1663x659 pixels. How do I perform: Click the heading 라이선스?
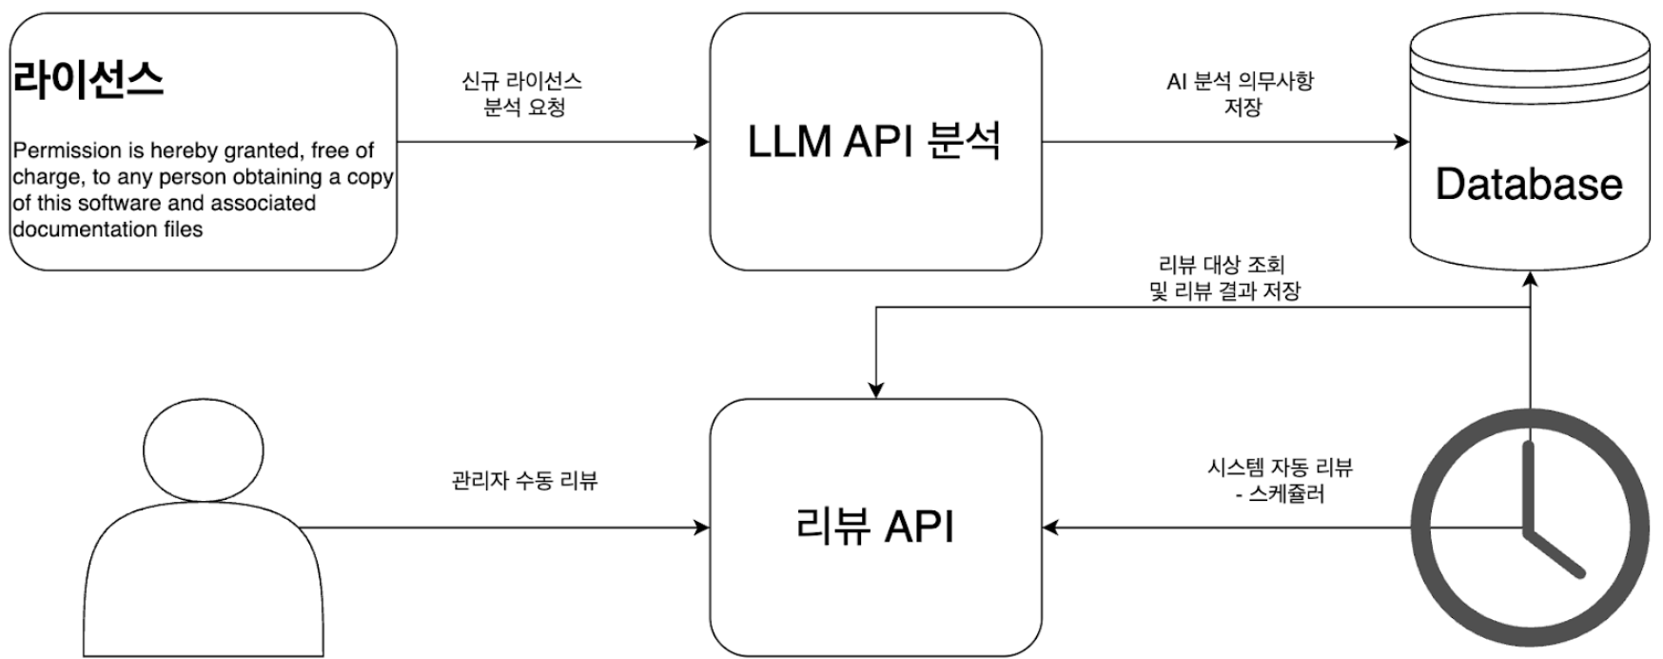click(88, 79)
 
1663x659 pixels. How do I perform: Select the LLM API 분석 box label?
click(874, 143)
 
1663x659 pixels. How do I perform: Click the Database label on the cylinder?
click(1528, 184)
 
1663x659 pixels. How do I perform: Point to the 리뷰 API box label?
click(874, 527)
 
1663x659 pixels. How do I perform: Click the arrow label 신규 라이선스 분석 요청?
click(521, 94)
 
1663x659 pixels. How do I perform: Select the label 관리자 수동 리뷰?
click(524, 480)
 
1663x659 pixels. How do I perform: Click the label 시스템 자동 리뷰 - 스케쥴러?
click(1279, 480)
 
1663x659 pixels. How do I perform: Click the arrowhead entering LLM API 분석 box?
click(703, 143)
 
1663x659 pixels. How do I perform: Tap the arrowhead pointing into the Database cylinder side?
click(1402, 143)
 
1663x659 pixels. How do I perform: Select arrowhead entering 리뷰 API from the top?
click(875, 390)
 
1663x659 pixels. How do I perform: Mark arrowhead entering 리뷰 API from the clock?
click(1050, 527)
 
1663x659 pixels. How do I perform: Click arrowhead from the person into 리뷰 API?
click(703, 527)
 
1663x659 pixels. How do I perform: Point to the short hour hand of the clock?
click(1555, 553)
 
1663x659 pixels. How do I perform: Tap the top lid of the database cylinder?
click(1529, 43)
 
